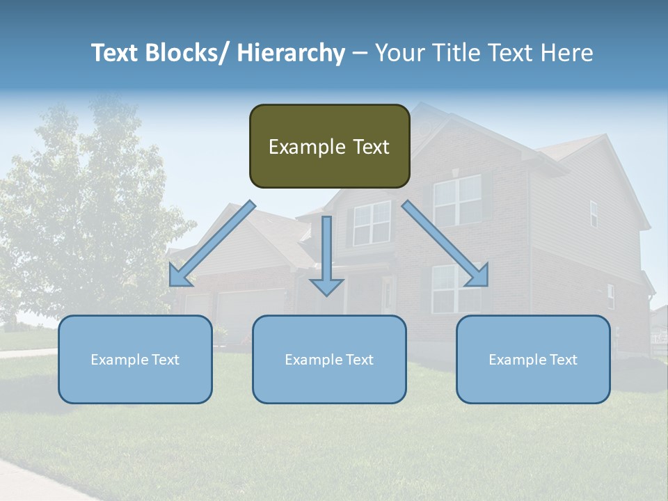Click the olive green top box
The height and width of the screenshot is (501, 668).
(x=329, y=146)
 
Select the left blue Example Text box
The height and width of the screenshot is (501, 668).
(x=135, y=359)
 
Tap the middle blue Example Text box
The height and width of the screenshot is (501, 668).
(x=329, y=359)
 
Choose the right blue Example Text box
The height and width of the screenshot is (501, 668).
(x=533, y=359)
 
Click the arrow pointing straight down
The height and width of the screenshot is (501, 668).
(x=326, y=257)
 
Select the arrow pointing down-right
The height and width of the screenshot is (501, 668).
(x=445, y=244)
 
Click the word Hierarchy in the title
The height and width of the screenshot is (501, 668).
(x=291, y=53)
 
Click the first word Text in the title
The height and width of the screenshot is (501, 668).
(x=116, y=53)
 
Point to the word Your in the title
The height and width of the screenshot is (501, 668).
(x=399, y=53)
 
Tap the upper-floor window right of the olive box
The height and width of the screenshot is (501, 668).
(x=457, y=200)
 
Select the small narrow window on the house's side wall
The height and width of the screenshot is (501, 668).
(x=594, y=214)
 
